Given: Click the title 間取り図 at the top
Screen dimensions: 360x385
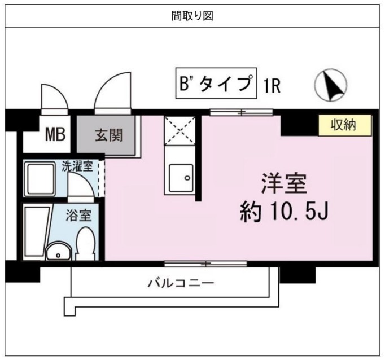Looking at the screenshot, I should point(192,15).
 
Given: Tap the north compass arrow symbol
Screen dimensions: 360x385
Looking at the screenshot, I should point(330,85).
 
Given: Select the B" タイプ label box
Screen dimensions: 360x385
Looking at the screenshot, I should point(215,85).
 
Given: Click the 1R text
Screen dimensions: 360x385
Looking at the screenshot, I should point(272,86).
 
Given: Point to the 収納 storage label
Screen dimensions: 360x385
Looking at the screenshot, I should point(343,125).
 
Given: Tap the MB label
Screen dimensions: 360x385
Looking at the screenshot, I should point(55,135).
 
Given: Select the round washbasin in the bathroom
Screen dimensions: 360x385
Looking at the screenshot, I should point(57,251).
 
